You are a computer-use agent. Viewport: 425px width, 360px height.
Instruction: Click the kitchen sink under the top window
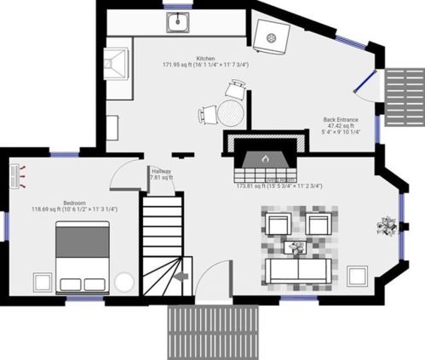tap(179, 24)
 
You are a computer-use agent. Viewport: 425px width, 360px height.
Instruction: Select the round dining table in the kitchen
tap(231, 112)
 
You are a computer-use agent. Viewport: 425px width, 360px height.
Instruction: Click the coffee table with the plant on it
tap(296, 249)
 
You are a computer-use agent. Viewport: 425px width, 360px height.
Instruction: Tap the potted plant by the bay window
tap(388, 226)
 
